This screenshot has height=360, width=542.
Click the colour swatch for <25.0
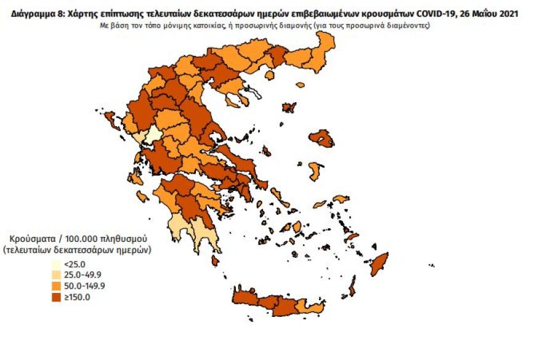[55, 264]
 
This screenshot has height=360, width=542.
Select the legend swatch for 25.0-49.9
[55, 275]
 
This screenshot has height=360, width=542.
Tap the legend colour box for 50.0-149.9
[55, 286]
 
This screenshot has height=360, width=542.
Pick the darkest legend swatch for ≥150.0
[55, 297]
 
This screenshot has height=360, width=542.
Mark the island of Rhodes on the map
[378, 265]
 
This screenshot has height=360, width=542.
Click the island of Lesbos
[321, 138]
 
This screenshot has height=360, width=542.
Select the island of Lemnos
[288, 108]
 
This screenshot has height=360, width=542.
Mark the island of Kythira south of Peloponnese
[215, 261]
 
